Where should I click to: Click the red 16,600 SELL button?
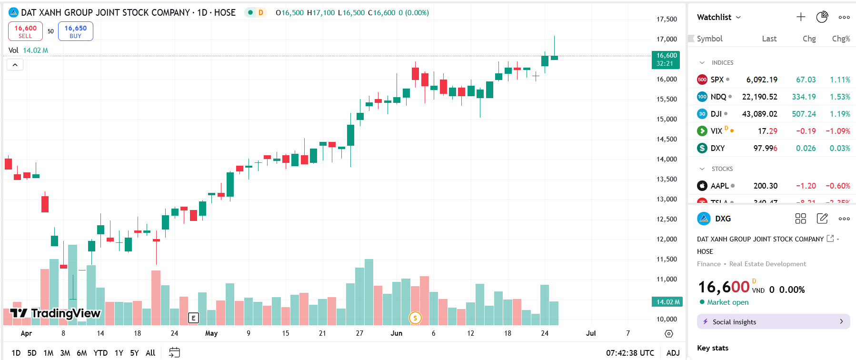pyautogui.click(x=25, y=31)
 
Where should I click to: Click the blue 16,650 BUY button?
pyautogui.click(x=75, y=31)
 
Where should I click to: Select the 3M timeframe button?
pyautogui.click(x=65, y=353)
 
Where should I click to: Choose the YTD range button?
pyautogui.click(x=100, y=353)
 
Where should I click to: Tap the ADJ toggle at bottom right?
pyautogui.click(x=673, y=353)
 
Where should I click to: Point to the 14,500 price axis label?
pyautogui.click(x=667, y=139)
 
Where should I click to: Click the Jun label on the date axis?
pyautogui.click(x=396, y=333)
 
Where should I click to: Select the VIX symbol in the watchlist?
pyautogui.click(x=716, y=131)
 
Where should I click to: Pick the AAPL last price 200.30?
pyautogui.click(x=765, y=186)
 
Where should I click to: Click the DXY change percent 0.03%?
pyautogui.click(x=839, y=148)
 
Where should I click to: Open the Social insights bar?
pyautogui.click(x=773, y=322)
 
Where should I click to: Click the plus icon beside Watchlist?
pyautogui.click(x=801, y=17)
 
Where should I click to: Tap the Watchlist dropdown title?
pyautogui.click(x=718, y=17)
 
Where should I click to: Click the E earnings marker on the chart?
pyautogui.click(x=193, y=318)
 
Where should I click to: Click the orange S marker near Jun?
pyautogui.click(x=415, y=318)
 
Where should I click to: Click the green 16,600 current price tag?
pyautogui.click(x=666, y=60)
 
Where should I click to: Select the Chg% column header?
pyautogui.click(x=840, y=39)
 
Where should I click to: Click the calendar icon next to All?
pyautogui.click(x=175, y=352)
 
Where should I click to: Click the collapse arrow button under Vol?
pyautogui.click(x=15, y=65)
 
